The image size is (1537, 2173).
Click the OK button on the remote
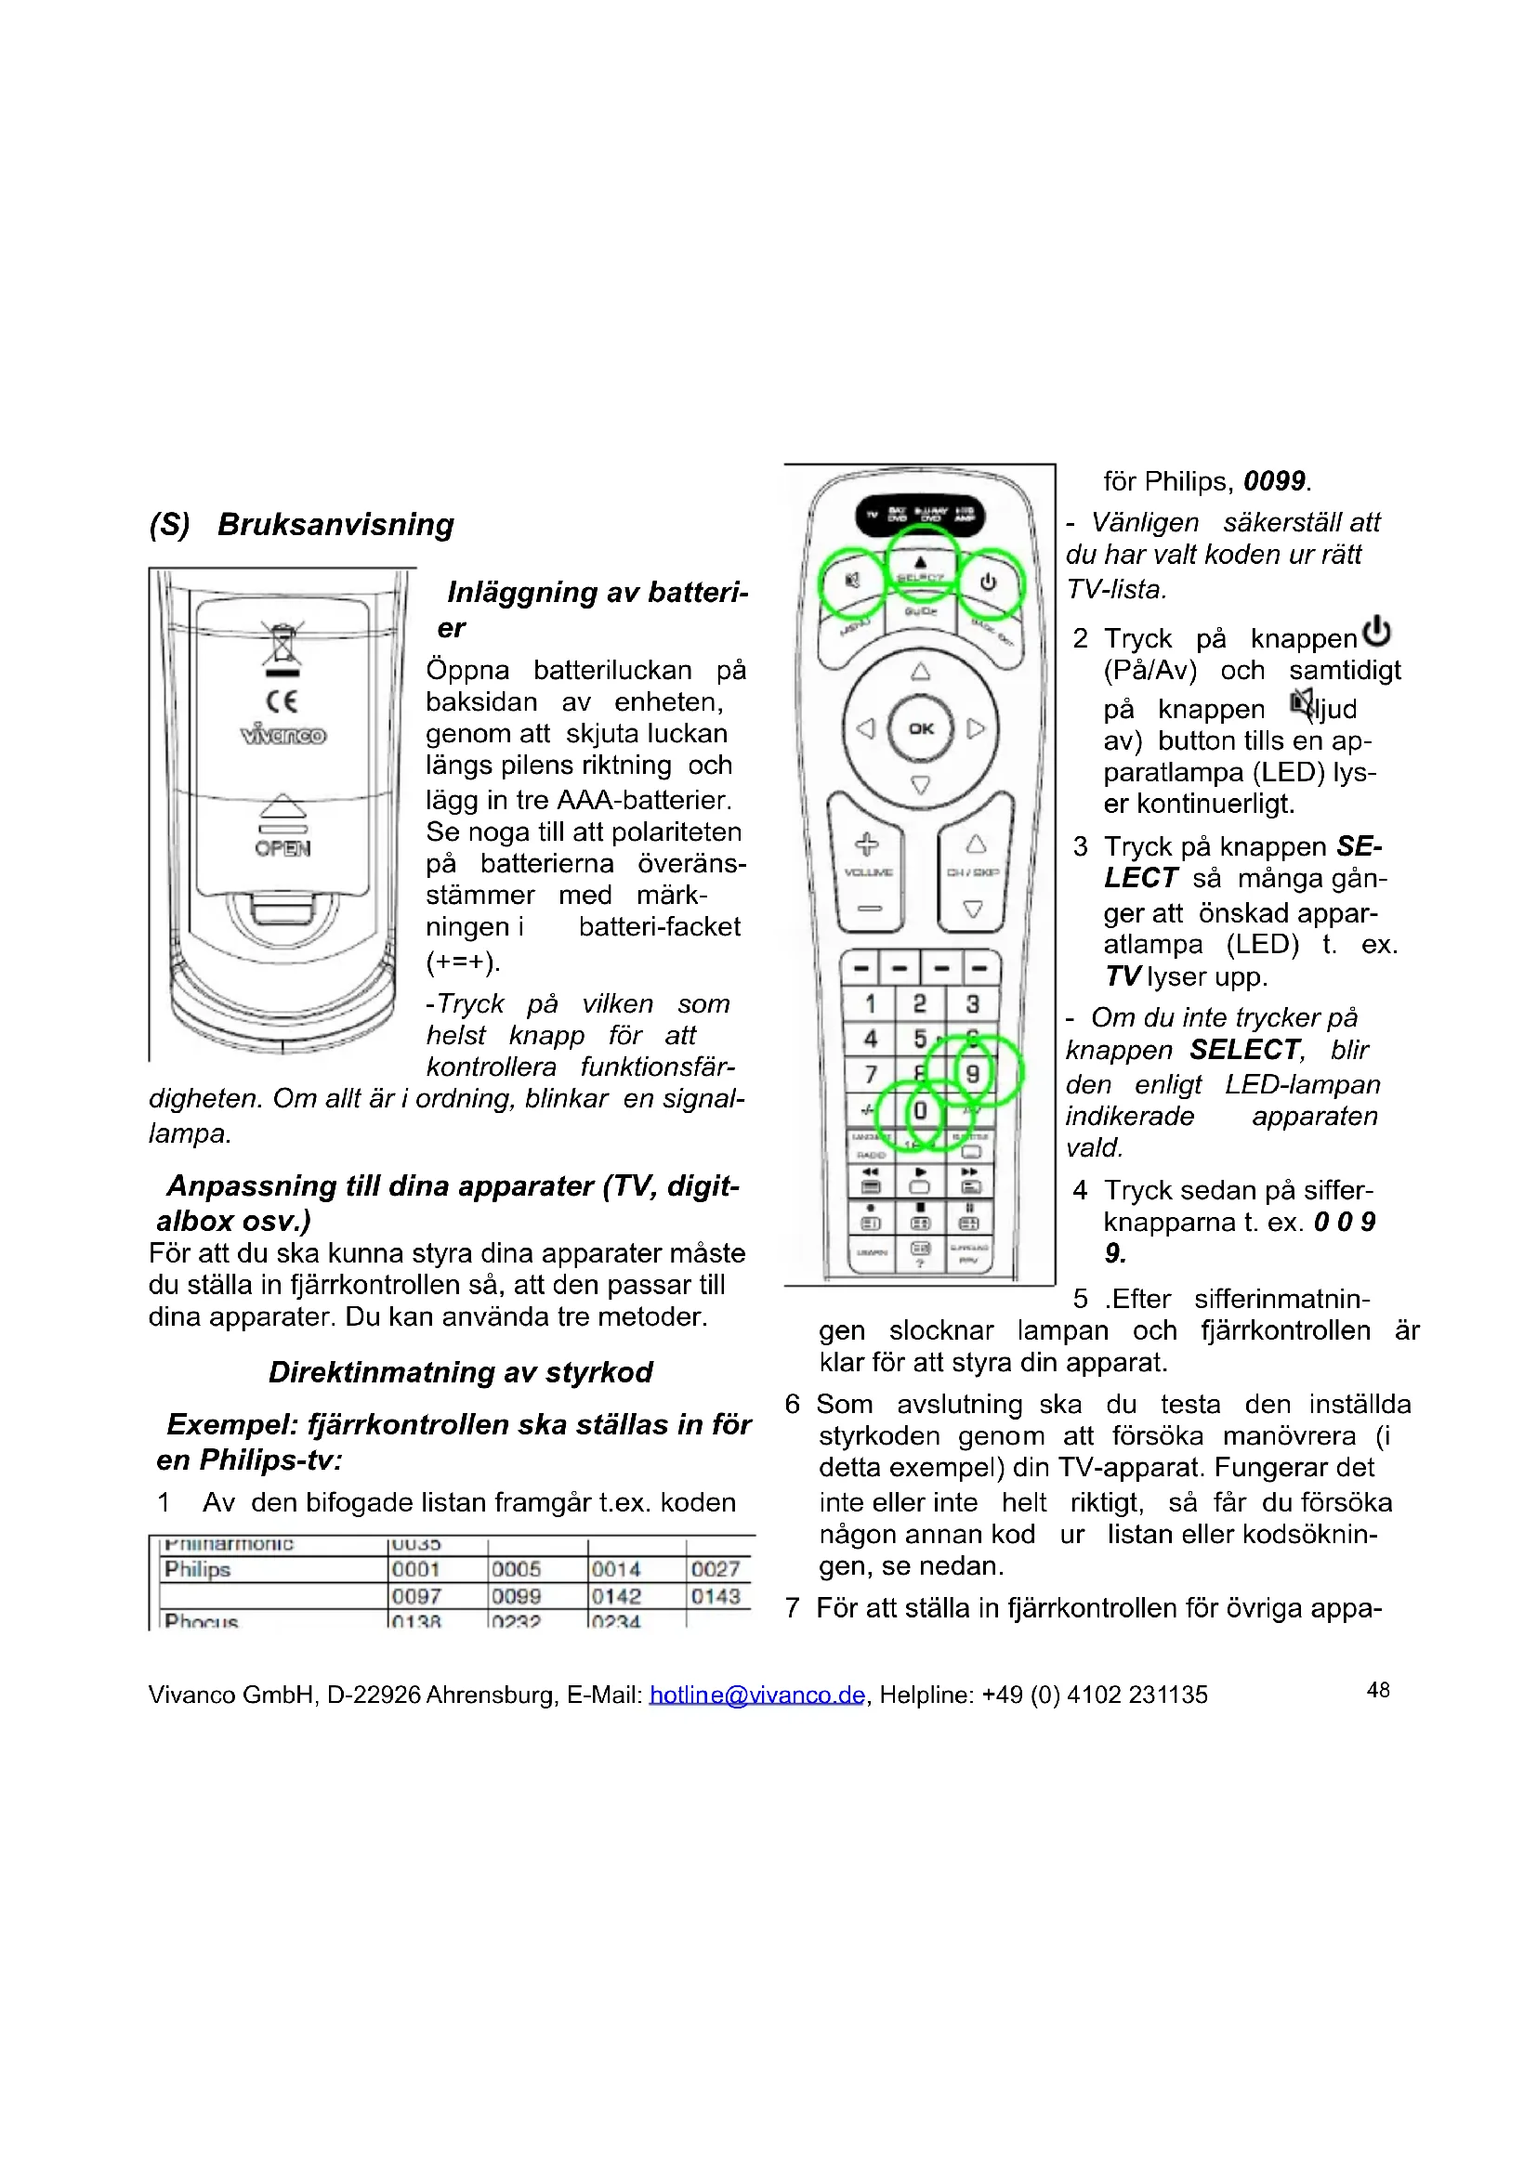pos(921,727)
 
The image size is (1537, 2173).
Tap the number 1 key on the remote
pos(870,1003)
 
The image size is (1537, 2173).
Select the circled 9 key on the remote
pos(972,1072)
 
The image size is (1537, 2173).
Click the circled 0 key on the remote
pos(919,1110)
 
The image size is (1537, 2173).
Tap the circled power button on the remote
pos(988,583)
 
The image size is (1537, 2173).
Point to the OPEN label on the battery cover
pos(282,848)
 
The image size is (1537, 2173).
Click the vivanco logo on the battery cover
pos(283,735)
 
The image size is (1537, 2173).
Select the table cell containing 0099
pos(516,1596)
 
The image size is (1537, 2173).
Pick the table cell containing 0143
pos(716,1596)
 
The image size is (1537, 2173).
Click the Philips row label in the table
pos(198,1569)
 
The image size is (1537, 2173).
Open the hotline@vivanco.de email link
pos(756,1695)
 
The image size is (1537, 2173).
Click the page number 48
pos(1378,1690)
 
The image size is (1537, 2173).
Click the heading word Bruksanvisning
pos(336,524)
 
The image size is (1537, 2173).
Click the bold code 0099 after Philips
pos(1274,481)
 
